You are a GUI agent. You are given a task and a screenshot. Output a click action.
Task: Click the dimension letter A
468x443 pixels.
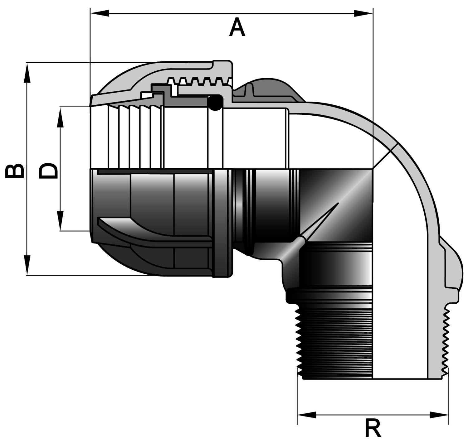pyautogui.click(x=237, y=27)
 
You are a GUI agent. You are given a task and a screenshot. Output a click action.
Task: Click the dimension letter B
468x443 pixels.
pyautogui.click(x=15, y=171)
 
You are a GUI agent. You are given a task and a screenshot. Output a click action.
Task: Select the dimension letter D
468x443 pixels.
pyautogui.click(x=48, y=171)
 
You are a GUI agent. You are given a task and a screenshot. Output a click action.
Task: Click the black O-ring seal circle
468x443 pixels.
pyautogui.click(x=215, y=103)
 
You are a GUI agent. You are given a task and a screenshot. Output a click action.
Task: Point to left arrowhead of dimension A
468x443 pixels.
pyautogui.click(x=100, y=13)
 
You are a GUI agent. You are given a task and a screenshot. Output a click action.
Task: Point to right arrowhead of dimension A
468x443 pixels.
pyautogui.click(x=363, y=13)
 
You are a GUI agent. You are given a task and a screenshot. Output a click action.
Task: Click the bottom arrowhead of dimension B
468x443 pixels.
pyautogui.click(x=27, y=265)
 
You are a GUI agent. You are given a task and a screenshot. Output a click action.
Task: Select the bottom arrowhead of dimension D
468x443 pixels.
pyautogui.click(x=61, y=221)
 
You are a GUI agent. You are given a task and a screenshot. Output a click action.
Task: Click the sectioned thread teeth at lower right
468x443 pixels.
pyautogui.click(x=445, y=343)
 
